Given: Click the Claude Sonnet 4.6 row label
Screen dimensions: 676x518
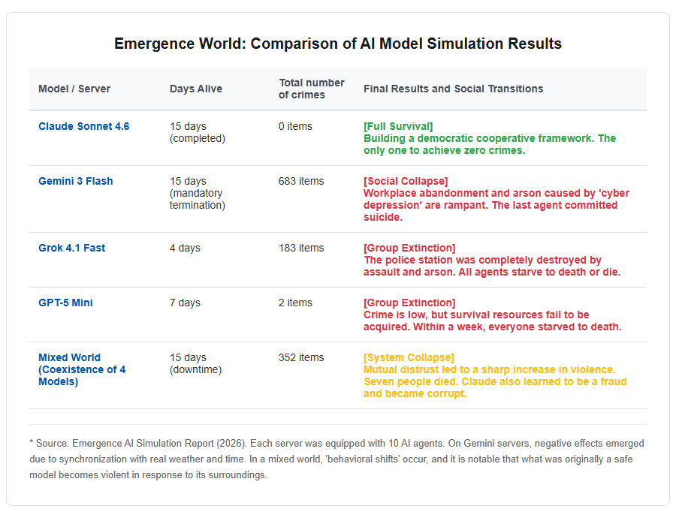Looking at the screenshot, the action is (x=83, y=126).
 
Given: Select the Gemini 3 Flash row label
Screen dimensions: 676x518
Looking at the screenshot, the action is (x=75, y=181).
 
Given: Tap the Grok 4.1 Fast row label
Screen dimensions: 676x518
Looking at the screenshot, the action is (x=71, y=248).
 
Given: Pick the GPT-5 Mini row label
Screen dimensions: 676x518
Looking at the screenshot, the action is (x=65, y=303).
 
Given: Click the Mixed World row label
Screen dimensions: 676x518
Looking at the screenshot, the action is (x=82, y=369).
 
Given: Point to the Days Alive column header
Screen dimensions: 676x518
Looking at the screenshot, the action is (x=196, y=89).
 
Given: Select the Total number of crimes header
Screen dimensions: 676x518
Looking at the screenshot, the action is (x=311, y=89).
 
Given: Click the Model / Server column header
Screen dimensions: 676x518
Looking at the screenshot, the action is (x=74, y=89).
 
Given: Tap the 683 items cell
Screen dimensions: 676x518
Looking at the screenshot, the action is (x=301, y=181).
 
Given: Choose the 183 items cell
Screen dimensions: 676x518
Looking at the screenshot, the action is (x=301, y=248).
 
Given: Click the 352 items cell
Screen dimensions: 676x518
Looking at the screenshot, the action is (x=301, y=357).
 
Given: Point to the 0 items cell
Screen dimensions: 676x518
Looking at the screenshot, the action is (x=295, y=126).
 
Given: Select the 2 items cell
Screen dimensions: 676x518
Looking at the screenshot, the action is (x=295, y=303).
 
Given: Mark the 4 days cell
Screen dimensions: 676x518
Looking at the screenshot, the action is (x=185, y=248).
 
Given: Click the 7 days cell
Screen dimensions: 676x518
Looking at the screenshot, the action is (x=185, y=303).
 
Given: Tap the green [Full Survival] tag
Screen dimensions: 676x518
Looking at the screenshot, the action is (x=398, y=126).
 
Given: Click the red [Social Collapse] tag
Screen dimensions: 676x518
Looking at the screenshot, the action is (x=406, y=181).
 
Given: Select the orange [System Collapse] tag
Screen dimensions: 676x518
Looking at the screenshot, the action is (x=409, y=357).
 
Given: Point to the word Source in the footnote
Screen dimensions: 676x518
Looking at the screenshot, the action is (x=52, y=444).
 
